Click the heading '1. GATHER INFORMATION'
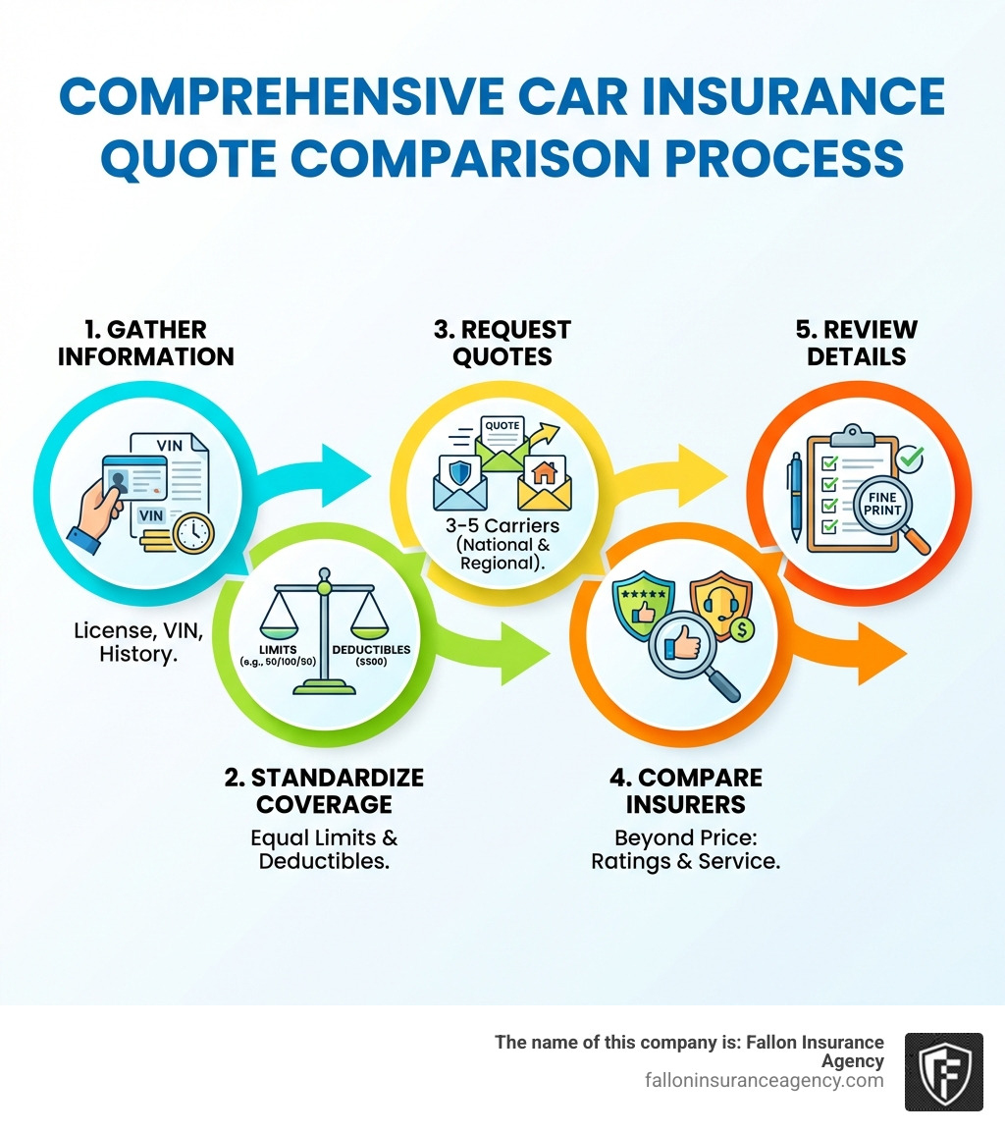coord(145,343)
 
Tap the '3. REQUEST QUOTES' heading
coord(502,343)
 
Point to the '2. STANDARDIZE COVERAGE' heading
coord(323,790)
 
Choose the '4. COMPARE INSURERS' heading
coord(685,790)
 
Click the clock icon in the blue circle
coord(192,531)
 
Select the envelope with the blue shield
coord(459,481)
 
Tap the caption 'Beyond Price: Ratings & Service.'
coord(685,850)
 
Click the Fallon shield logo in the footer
coord(942,1071)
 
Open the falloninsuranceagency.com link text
coord(764,1081)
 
